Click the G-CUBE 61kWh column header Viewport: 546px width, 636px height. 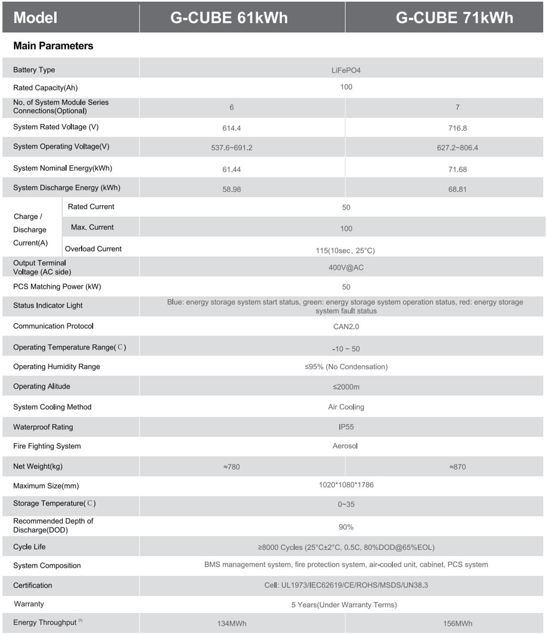pos(229,18)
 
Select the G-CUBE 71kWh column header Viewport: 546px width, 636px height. pos(454,18)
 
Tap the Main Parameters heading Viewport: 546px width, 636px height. pos(53,46)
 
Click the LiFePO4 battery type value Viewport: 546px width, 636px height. pos(346,71)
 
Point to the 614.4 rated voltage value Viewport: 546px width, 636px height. pos(231,128)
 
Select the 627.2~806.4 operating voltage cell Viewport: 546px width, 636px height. pos(457,148)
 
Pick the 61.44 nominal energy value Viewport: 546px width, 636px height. pos(231,169)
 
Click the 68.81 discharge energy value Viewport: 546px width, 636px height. pos(457,189)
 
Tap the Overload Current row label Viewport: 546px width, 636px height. pos(93,249)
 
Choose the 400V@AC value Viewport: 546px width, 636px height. pos(346,268)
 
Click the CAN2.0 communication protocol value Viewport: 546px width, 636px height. pos(346,327)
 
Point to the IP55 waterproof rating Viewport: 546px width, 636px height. pos(346,427)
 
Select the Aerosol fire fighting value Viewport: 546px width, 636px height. pos(345,446)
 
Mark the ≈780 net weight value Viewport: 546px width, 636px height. pos(231,467)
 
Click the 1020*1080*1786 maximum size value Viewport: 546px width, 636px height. pos(346,485)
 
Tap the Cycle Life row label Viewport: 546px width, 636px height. pos(29,547)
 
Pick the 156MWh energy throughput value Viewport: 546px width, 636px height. pos(458,623)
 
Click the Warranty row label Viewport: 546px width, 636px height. pos(29,604)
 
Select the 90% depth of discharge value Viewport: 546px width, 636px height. pos(346,527)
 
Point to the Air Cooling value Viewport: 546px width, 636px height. pos(346,407)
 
